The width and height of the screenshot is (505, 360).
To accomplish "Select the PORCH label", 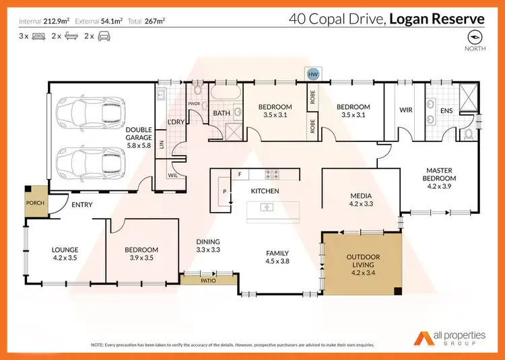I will tap(35, 202).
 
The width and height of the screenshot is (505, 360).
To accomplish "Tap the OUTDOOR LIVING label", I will tap(362, 261).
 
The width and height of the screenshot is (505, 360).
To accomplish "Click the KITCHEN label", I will tap(265, 191).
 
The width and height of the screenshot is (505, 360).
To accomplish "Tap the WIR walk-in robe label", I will tap(405, 110).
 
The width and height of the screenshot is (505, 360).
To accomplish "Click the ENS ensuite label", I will tap(446, 110).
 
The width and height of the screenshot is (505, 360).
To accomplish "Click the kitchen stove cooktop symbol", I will tap(273, 174).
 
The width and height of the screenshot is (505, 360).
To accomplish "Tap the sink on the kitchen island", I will tap(265, 208).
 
